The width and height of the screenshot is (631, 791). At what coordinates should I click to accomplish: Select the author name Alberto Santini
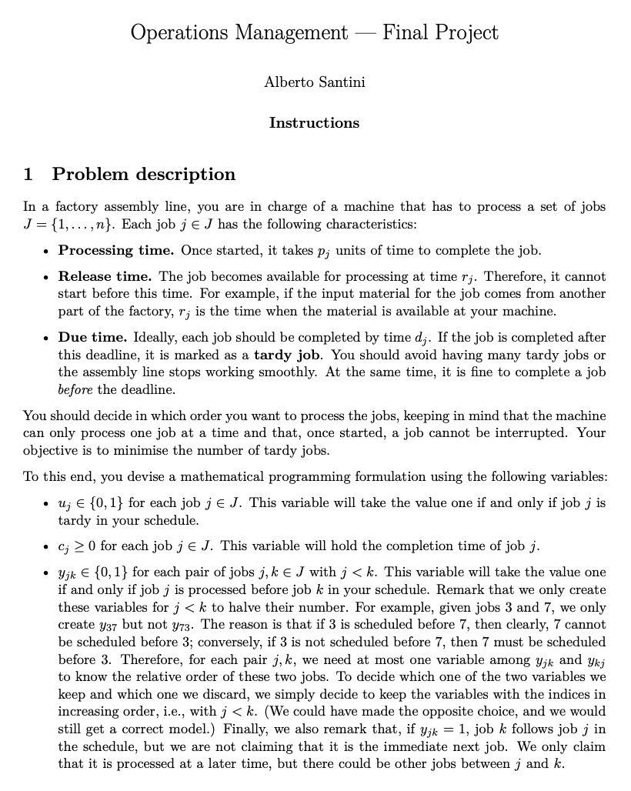point(314,83)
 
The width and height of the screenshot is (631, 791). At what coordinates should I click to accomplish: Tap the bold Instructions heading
point(314,123)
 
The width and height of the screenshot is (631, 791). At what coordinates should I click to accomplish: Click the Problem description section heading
point(143,175)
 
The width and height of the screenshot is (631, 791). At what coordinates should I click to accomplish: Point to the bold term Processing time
point(115,250)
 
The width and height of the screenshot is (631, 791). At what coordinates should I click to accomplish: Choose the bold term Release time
point(106,276)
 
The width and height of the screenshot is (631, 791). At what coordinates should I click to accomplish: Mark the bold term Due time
point(93,338)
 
